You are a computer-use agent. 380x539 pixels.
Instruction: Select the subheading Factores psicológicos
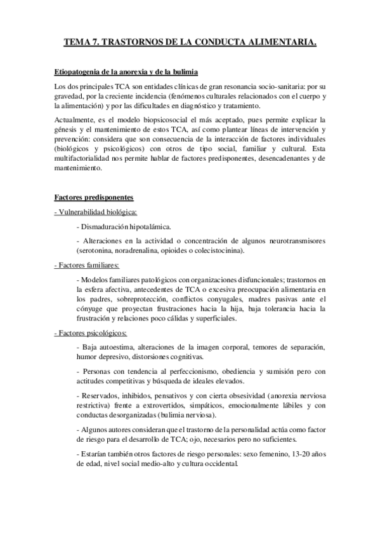click(x=91, y=332)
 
